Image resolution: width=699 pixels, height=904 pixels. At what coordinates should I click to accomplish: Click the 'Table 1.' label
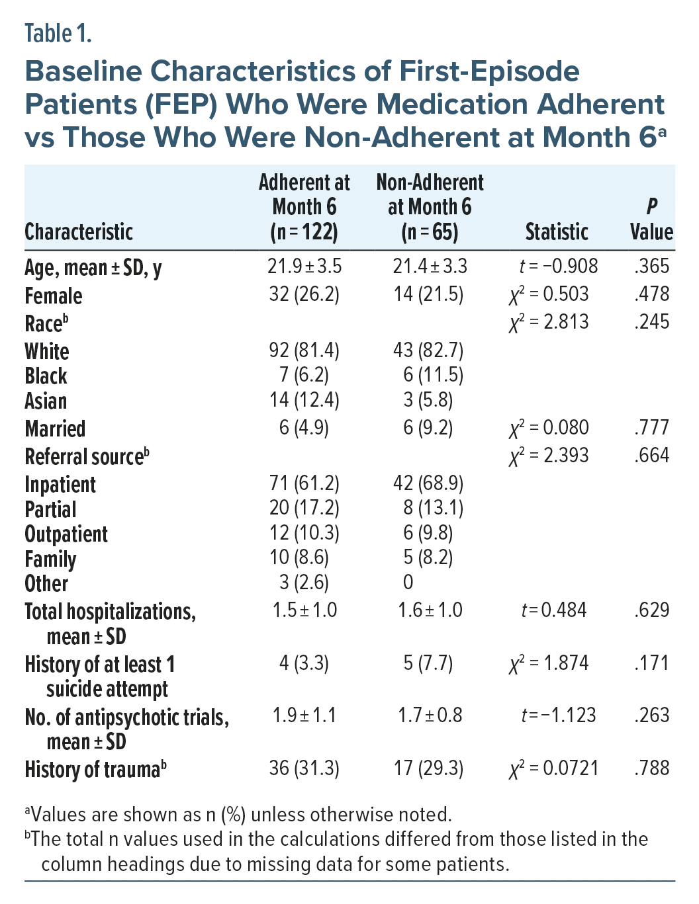pyautogui.click(x=58, y=34)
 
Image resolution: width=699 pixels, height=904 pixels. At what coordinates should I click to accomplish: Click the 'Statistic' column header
pyautogui.click(x=556, y=231)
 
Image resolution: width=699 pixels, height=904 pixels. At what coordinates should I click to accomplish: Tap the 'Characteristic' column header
pyautogui.click(x=79, y=231)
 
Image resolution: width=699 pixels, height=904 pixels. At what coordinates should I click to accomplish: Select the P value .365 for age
pyautogui.click(x=651, y=266)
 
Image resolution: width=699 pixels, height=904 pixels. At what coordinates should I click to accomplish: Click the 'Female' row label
pyautogui.click(x=54, y=296)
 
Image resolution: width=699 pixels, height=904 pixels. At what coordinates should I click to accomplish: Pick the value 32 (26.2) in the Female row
pyautogui.click(x=304, y=294)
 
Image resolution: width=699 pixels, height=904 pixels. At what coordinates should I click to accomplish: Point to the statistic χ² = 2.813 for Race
pyautogui.click(x=549, y=322)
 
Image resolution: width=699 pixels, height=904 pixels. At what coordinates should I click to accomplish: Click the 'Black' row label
pyautogui.click(x=46, y=376)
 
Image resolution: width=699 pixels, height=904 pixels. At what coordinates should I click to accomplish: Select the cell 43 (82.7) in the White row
pyautogui.click(x=428, y=350)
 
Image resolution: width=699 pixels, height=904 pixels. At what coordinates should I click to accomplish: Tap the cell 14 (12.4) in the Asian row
pyautogui.click(x=304, y=399)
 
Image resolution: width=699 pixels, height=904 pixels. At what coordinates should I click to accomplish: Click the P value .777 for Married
pyautogui.click(x=651, y=427)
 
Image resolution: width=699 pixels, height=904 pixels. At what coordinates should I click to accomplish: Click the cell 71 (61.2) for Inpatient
pyautogui.click(x=304, y=483)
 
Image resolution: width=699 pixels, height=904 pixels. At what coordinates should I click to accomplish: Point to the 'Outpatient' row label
pyautogui.click(x=66, y=534)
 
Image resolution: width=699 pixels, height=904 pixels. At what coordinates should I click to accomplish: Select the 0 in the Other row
pyautogui.click(x=408, y=582)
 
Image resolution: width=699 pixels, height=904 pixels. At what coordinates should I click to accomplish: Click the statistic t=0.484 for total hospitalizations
pyautogui.click(x=554, y=610)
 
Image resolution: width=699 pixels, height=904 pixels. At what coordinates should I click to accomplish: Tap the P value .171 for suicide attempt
pyautogui.click(x=651, y=663)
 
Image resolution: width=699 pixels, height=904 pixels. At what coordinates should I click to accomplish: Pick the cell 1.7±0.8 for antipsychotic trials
pyautogui.click(x=430, y=715)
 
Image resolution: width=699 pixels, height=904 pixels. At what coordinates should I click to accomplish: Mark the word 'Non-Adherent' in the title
pyautogui.click(x=414, y=137)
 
